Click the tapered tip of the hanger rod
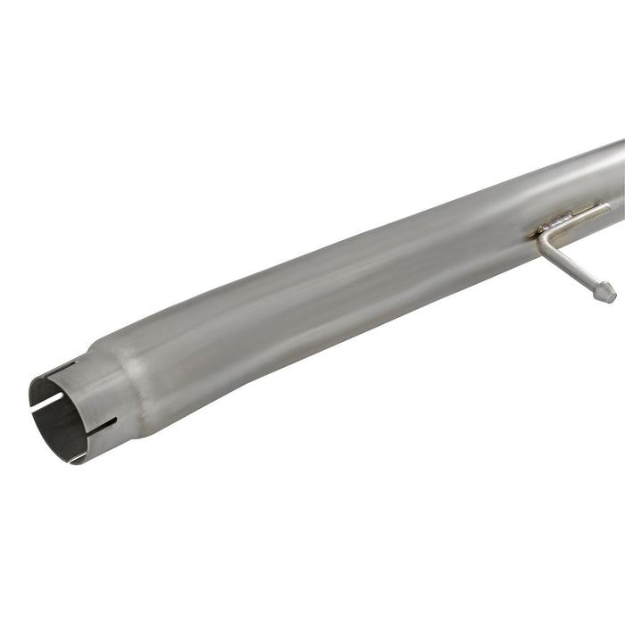tap(607, 292)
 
